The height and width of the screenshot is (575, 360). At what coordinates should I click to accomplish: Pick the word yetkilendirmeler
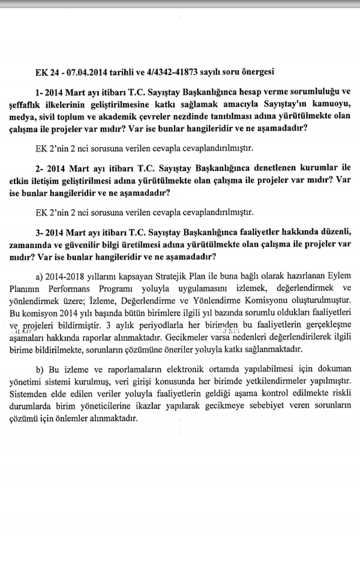[273, 381]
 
